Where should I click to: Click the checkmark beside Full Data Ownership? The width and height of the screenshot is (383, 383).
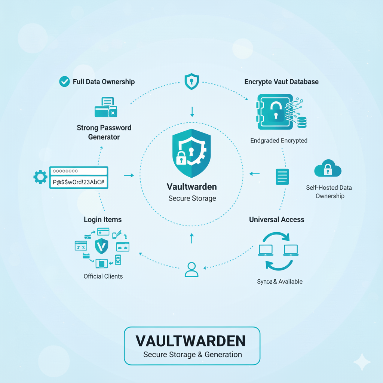tap(64, 82)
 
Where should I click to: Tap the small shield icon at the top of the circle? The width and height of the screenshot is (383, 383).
tap(191, 81)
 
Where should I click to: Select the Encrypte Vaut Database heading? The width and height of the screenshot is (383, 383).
tap(281, 82)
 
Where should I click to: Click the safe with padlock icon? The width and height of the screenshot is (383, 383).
tap(281, 112)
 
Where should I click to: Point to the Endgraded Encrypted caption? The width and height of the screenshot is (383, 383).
tap(279, 141)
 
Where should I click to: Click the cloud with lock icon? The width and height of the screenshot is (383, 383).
tap(328, 168)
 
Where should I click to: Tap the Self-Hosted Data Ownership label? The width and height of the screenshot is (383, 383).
tap(329, 192)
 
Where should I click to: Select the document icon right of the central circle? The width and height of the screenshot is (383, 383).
tap(282, 177)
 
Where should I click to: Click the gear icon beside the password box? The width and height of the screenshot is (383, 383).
tap(40, 177)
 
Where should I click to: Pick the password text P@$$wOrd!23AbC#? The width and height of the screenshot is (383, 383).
tap(79, 182)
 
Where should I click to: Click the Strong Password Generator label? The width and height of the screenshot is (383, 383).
tap(104, 132)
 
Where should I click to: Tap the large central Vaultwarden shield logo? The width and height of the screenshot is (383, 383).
tap(191, 153)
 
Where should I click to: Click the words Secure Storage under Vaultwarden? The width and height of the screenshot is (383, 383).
tap(192, 198)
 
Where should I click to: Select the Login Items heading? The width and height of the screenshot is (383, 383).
tap(102, 220)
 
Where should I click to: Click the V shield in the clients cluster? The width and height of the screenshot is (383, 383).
tap(102, 246)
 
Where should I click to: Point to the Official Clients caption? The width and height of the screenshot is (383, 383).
tap(103, 276)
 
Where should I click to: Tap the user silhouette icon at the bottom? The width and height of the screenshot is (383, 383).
tap(191, 269)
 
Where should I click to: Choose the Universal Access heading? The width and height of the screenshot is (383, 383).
tap(277, 220)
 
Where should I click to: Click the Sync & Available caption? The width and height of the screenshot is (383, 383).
tap(280, 282)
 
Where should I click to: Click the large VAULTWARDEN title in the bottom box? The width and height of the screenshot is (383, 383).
tap(190, 341)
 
